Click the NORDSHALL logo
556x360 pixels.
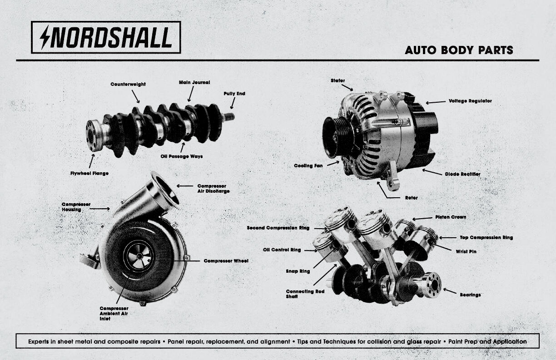click(x=106, y=37)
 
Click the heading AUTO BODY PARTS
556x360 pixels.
click(x=459, y=50)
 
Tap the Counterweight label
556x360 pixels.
click(x=128, y=84)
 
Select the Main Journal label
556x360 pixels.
click(x=194, y=83)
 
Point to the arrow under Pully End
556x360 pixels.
click(x=233, y=104)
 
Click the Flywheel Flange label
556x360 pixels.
click(x=89, y=173)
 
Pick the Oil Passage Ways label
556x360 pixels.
click(x=182, y=156)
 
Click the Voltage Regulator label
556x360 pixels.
click(x=470, y=101)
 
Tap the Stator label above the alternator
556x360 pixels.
click(x=338, y=81)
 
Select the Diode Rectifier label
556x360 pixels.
click(x=462, y=174)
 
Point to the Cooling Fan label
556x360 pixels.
click(x=308, y=166)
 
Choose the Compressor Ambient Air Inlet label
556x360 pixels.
click(x=114, y=314)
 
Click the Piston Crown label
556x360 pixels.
click(x=451, y=217)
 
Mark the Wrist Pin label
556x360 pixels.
click(x=466, y=251)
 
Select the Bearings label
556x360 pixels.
click(x=470, y=295)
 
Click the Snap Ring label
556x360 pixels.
click(x=298, y=271)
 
